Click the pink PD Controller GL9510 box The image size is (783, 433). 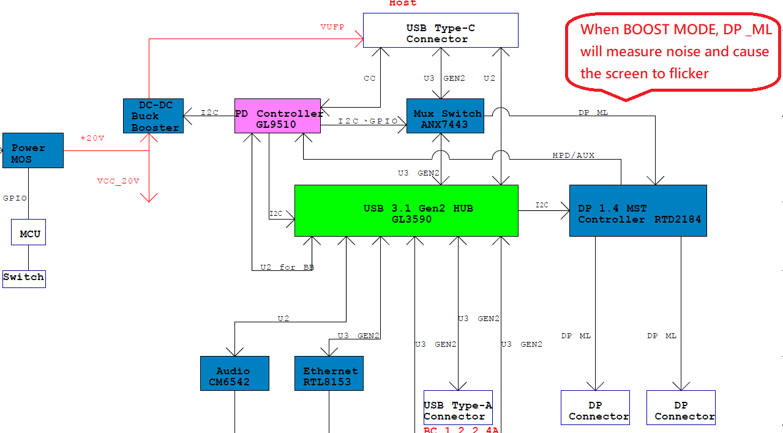[x=277, y=116]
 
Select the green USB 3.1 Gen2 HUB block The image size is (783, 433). [x=406, y=210]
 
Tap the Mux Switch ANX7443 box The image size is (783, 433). [x=445, y=116]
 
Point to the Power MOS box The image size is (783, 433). [x=33, y=150]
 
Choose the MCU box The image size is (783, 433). [x=28, y=233]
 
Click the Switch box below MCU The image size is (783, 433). [x=24, y=278]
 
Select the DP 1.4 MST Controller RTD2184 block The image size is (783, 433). [x=638, y=210]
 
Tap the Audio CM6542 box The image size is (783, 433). [x=234, y=373]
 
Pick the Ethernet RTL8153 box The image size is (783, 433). [x=329, y=373]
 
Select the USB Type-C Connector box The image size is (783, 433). [x=440, y=31]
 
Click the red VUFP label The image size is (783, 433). [x=332, y=27]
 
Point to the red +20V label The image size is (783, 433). [x=92, y=138]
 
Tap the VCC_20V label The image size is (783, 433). [x=118, y=181]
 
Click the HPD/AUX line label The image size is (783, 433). [x=573, y=155]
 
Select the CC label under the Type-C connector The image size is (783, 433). [x=369, y=78]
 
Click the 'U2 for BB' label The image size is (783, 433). [x=287, y=267]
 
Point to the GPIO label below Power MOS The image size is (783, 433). [x=15, y=198]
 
